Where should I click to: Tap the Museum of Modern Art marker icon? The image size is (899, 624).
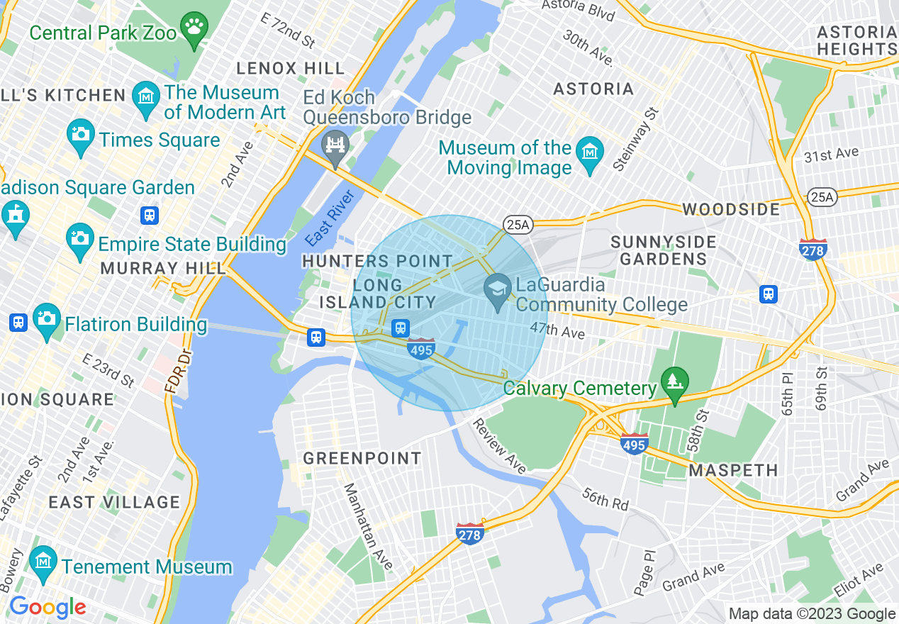(146, 102)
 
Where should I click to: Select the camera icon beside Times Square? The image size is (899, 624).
(81, 138)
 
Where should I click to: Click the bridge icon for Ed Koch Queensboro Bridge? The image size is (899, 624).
(335, 147)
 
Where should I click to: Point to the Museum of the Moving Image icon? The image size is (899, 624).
(589, 157)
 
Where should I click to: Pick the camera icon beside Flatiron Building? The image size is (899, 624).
(47, 323)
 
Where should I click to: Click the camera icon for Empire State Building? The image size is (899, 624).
(80, 243)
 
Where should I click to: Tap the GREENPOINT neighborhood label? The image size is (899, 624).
(362, 459)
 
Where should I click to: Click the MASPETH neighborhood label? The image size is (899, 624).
(733, 470)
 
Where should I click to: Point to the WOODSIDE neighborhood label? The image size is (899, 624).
(731, 209)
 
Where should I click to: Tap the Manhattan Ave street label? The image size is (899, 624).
(368, 526)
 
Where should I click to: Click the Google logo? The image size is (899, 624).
(48, 607)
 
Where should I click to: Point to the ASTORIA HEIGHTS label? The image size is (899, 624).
(856, 40)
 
